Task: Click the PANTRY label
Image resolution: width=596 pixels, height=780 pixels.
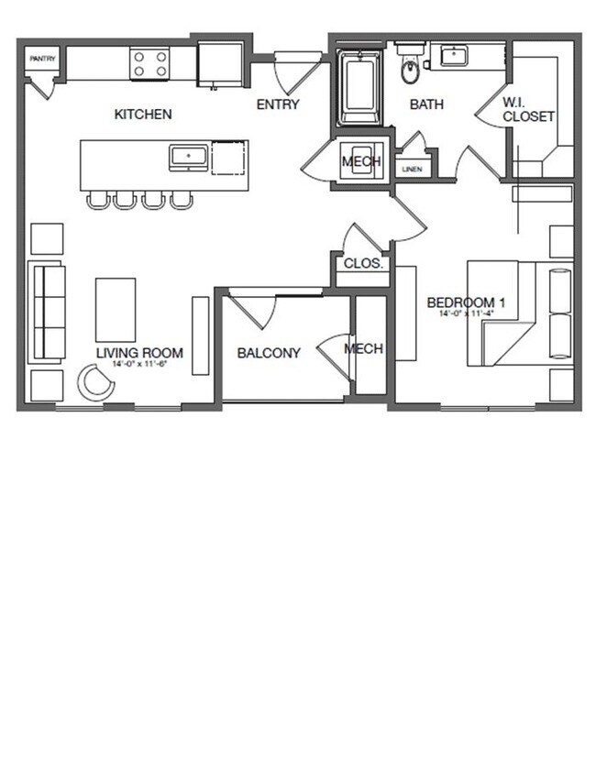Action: click(42, 59)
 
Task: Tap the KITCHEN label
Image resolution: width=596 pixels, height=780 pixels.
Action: click(143, 115)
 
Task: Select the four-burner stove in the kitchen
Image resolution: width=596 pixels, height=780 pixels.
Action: click(149, 63)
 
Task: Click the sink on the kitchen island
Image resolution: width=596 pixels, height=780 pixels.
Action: click(190, 158)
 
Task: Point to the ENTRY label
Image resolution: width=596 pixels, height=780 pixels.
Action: click(278, 104)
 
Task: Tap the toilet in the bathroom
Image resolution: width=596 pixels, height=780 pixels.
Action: click(410, 69)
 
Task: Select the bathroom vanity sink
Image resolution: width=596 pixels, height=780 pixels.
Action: click(454, 56)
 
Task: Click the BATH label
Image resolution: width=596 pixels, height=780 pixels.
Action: click(426, 104)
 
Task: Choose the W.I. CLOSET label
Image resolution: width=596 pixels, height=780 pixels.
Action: click(528, 109)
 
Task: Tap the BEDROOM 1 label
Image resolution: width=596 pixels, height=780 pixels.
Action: click(467, 302)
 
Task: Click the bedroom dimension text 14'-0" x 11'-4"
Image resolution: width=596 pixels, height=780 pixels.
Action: click(468, 313)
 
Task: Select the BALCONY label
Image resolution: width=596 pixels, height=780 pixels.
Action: click(269, 353)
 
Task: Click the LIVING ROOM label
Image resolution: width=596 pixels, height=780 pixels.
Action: click(140, 353)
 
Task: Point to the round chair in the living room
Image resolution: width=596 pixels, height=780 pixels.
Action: click(95, 382)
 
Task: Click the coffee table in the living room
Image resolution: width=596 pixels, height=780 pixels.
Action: click(116, 310)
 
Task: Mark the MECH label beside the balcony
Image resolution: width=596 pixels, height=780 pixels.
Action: click(363, 349)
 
